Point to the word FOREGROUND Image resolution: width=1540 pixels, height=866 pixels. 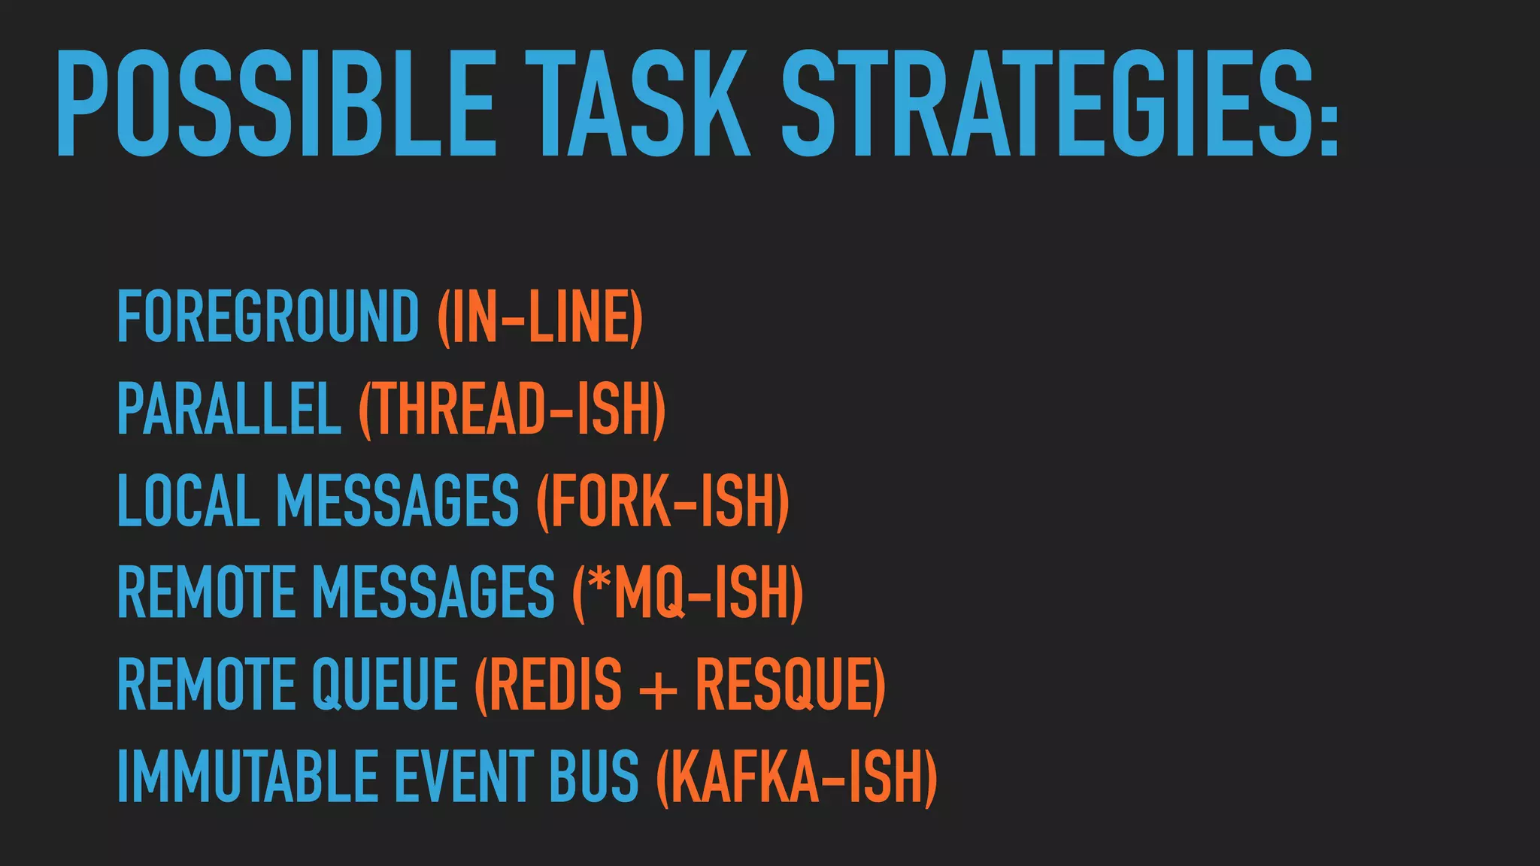(x=268, y=316)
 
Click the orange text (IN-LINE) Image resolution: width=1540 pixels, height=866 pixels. (x=540, y=316)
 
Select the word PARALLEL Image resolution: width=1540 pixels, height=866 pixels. (x=229, y=408)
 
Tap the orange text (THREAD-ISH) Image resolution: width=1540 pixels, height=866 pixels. (x=512, y=408)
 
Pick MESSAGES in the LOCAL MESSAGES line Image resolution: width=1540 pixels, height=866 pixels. (x=397, y=501)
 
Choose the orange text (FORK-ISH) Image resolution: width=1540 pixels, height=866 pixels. (x=662, y=501)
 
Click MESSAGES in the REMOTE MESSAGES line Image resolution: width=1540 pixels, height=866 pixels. (x=433, y=592)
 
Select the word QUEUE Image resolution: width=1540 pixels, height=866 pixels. (x=384, y=684)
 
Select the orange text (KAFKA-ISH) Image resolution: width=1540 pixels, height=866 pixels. (x=797, y=776)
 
